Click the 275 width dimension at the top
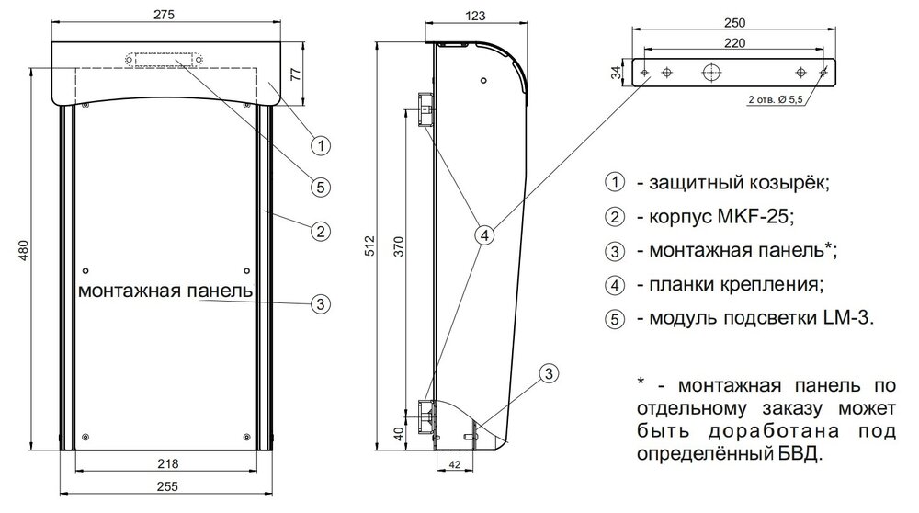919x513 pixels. (x=165, y=15)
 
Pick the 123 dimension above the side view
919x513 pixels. (x=475, y=15)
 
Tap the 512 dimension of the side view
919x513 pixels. (x=370, y=244)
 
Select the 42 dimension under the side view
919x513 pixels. (x=455, y=466)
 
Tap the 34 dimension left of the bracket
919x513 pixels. (x=615, y=73)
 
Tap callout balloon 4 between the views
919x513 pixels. (x=484, y=235)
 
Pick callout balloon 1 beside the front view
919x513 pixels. (x=319, y=144)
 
